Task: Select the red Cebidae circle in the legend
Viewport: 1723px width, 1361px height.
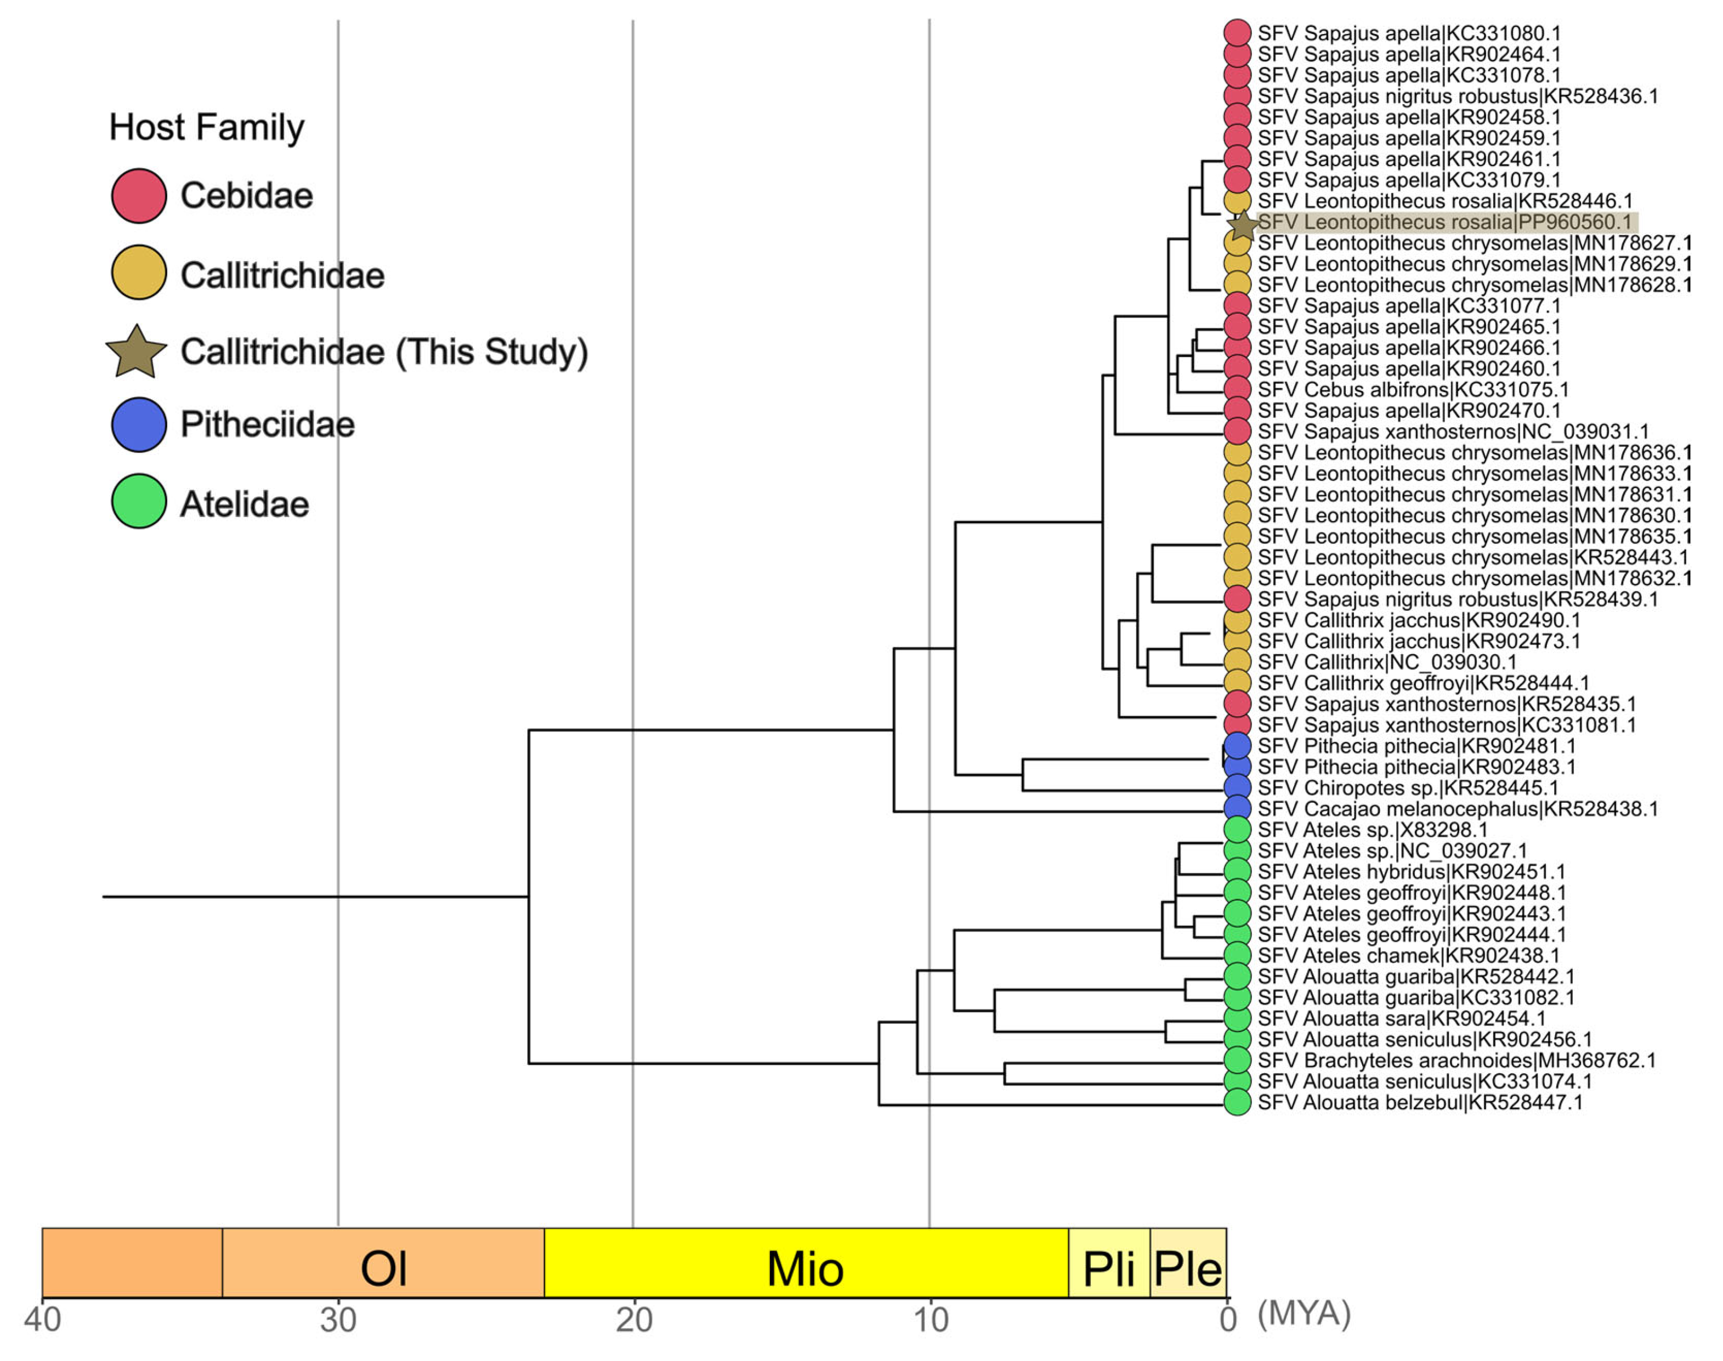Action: click(x=139, y=195)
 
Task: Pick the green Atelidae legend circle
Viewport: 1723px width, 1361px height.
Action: click(x=139, y=502)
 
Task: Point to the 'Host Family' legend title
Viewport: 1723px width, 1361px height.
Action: click(x=206, y=128)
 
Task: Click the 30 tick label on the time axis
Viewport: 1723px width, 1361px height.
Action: click(x=338, y=1319)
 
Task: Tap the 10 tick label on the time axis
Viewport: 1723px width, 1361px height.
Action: click(x=930, y=1319)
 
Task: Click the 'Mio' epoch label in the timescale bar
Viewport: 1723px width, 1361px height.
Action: click(x=805, y=1268)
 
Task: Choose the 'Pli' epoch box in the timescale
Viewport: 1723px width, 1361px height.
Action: click(x=1109, y=1268)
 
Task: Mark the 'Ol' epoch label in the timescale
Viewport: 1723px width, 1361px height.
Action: click(x=383, y=1268)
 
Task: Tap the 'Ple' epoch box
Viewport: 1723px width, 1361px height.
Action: click(x=1187, y=1268)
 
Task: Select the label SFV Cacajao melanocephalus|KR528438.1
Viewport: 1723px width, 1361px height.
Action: click(x=1458, y=809)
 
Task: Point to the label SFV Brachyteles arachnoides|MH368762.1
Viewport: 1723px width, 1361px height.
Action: click(x=1456, y=1061)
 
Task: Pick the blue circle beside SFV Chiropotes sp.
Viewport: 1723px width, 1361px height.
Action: click(x=1237, y=787)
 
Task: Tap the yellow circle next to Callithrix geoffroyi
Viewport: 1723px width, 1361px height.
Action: click(x=1237, y=683)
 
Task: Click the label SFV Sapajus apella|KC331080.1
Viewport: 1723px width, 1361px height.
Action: click(x=1409, y=33)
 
